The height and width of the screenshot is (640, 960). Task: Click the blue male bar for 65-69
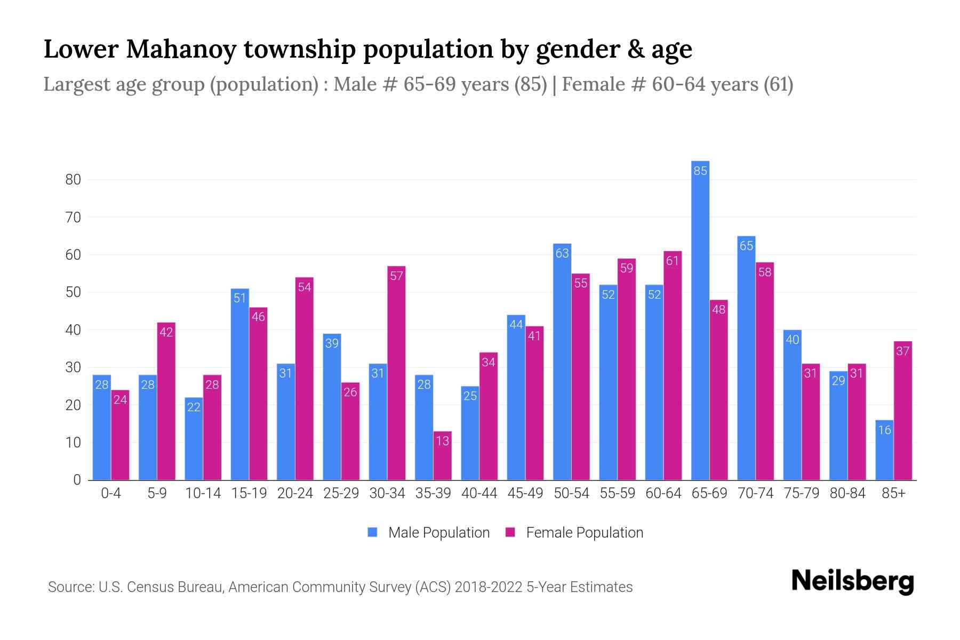coord(700,320)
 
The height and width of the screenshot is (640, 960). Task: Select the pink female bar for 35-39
coord(442,456)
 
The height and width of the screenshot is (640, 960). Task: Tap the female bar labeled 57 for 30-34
coord(396,373)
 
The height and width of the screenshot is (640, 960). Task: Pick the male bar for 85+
coord(884,451)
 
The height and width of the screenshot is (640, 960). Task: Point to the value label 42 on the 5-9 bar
coord(166,332)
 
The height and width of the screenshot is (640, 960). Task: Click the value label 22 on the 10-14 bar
coord(194,407)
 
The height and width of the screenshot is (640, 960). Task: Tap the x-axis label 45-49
coord(525,493)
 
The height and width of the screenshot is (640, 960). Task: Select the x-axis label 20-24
coord(295,493)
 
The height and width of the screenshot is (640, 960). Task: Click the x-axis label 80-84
coord(847,493)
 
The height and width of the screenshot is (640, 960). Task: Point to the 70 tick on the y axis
coord(73,218)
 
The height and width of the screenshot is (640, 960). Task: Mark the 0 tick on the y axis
coord(77,480)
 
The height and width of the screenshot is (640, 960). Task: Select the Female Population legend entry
coord(574,533)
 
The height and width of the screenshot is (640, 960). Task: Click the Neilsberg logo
coord(852,582)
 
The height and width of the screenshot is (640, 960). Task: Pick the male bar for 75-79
coord(792,405)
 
